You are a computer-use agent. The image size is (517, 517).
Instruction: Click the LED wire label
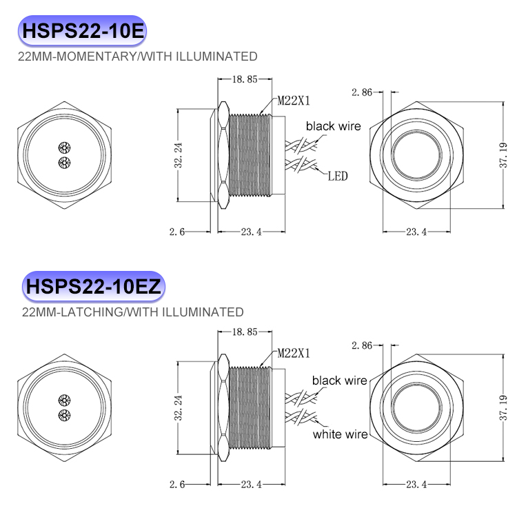pyautogui.click(x=337, y=176)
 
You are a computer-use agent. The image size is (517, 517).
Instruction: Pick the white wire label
pyautogui.click(x=341, y=434)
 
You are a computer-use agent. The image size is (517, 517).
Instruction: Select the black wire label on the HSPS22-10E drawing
pyautogui.click(x=334, y=126)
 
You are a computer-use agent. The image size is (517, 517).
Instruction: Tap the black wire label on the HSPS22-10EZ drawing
pyautogui.click(x=339, y=381)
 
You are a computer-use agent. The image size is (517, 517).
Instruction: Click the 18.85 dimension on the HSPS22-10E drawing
pyautogui.click(x=245, y=79)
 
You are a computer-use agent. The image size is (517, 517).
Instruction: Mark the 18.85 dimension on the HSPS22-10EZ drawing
pyautogui.click(x=245, y=332)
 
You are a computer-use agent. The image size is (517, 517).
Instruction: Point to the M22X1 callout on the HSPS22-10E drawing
pyautogui.click(x=294, y=101)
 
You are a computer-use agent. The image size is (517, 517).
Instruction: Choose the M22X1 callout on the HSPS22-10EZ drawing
pyautogui.click(x=294, y=353)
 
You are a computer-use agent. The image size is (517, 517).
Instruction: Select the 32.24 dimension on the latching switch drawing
pyautogui.click(x=179, y=409)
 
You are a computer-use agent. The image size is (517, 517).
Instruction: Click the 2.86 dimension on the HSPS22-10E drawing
pyautogui.click(x=362, y=92)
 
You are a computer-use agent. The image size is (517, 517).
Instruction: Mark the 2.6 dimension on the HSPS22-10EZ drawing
pyautogui.click(x=177, y=485)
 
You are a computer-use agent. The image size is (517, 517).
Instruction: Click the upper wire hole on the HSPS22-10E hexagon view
pyautogui.click(x=65, y=148)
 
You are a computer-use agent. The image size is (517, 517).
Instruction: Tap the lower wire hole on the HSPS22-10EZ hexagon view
pyautogui.click(x=65, y=414)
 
